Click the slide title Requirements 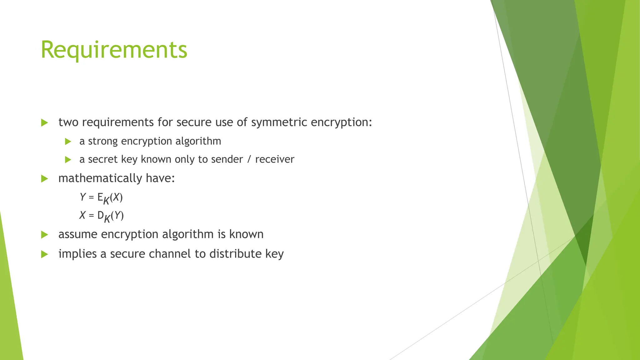(114, 50)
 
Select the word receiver (275, 159)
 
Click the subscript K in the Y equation (106, 200)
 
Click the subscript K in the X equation (107, 218)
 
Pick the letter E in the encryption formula (100, 197)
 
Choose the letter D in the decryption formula (100, 215)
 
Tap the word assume (78, 234)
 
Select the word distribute (235, 254)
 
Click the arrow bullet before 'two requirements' (44, 122)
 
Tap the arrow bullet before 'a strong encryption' (68, 142)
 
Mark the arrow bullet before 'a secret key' (68, 160)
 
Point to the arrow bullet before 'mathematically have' (44, 179)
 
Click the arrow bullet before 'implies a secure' (44, 254)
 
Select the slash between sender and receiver (249, 159)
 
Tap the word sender (227, 159)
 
